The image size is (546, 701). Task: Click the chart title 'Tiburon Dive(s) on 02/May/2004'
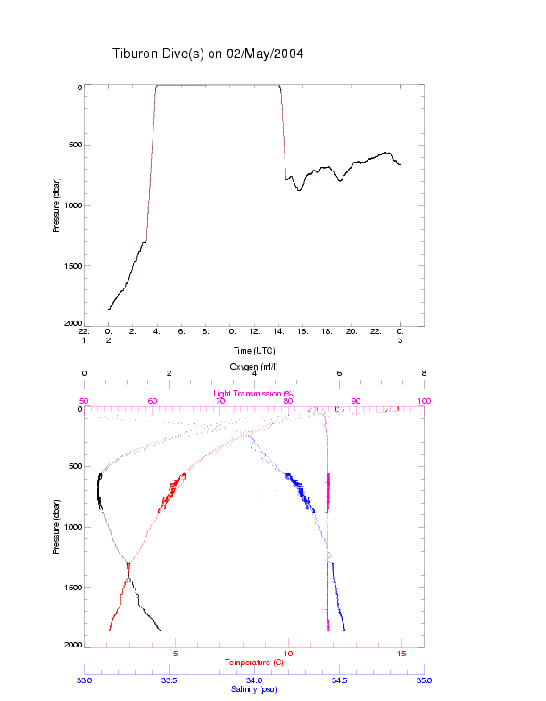pos(208,54)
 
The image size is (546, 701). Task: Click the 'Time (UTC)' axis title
pos(254,351)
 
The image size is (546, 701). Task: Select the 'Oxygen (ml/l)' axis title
pos(254,367)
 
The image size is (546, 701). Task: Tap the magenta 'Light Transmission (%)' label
pos(254,394)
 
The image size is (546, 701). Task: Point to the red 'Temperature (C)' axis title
pos(254,663)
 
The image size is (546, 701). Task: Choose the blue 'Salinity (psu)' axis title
pos(254,689)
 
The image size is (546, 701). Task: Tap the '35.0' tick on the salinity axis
pos(424,680)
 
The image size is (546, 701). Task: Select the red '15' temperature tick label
pos(401,654)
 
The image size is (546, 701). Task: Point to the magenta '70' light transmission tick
pos(219,402)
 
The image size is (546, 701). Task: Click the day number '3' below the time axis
pos(401,340)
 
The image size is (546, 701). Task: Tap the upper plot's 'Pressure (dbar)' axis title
pos(55,205)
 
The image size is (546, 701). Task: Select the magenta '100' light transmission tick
pos(424,402)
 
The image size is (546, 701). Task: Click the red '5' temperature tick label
pos(175,654)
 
